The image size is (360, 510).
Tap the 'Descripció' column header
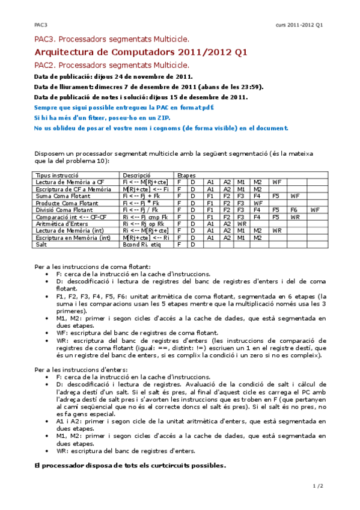pyautogui.click(x=136, y=175)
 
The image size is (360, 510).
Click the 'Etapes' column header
pyautogui.click(x=187, y=175)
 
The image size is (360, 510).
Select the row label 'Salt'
pyautogui.click(x=41, y=245)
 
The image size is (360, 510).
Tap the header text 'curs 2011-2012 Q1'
pyautogui.click(x=299, y=25)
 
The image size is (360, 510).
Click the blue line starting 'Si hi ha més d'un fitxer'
pyautogui.click(x=124, y=117)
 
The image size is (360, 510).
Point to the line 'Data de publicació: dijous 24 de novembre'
pyautogui.click(x=114, y=76)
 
